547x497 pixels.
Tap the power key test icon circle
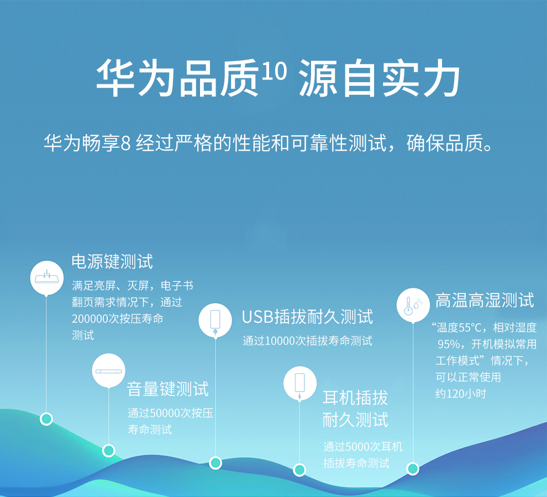(x=47, y=277)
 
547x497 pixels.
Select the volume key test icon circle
(x=108, y=371)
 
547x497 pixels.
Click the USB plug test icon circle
(x=215, y=320)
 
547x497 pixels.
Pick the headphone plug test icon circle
(x=300, y=383)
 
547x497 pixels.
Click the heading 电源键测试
(x=112, y=261)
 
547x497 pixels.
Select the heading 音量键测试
(x=168, y=389)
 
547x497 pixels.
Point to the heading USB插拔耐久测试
(x=307, y=317)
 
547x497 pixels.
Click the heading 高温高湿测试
(x=485, y=300)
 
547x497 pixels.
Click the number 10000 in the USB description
(x=280, y=341)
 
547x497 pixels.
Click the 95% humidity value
(x=449, y=344)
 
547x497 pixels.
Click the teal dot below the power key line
(x=46, y=419)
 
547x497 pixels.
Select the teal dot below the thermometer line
(x=413, y=468)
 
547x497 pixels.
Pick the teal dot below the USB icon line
(x=215, y=463)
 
